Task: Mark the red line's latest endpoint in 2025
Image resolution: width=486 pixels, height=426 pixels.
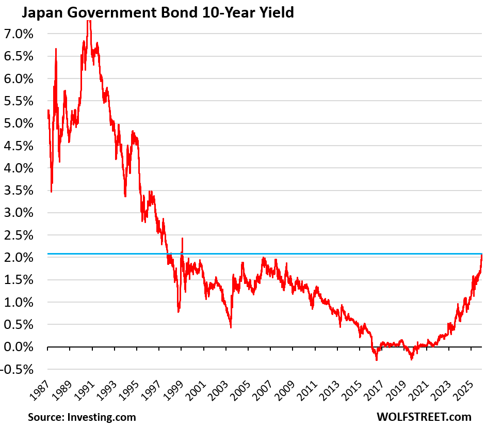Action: point(481,255)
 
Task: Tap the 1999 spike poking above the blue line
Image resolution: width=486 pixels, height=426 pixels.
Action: point(182,239)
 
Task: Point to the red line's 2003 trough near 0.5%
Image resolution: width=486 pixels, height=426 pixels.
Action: point(231,327)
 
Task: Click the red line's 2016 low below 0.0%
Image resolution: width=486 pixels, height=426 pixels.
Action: point(377,359)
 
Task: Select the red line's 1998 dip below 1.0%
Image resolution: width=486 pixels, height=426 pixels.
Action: point(179,311)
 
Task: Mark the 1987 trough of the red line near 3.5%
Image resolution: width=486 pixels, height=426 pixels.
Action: point(51,192)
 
